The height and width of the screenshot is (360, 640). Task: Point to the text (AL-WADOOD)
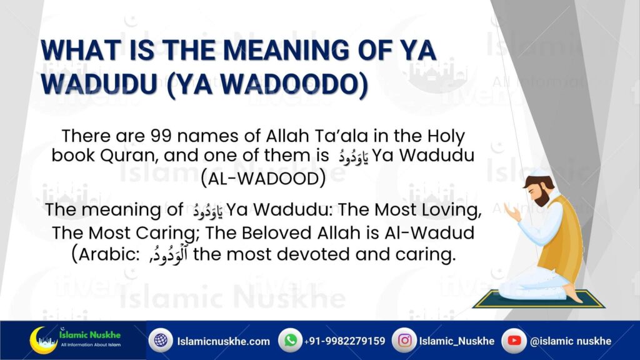point(263,178)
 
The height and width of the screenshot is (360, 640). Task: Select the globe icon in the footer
point(161,340)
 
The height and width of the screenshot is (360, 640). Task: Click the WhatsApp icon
point(290,340)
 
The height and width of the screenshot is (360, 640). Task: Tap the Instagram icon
point(404,340)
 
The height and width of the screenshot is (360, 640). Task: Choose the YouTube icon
point(514,340)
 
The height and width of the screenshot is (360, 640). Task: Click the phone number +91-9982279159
point(344,341)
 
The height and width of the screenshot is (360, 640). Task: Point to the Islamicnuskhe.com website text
point(223,341)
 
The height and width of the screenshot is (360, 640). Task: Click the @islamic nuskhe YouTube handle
point(570,341)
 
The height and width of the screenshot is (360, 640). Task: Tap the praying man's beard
point(542,198)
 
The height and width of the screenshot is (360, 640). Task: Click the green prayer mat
point(539,299)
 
